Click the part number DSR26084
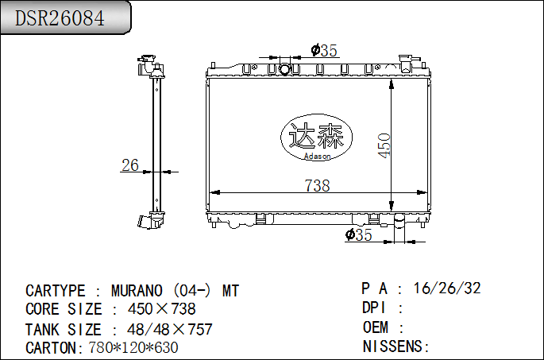60,17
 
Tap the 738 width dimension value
317,185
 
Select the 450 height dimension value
384,145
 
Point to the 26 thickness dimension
129,165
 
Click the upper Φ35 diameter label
324,51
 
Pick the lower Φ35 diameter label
359,234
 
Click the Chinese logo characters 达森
317,136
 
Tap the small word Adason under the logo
317,156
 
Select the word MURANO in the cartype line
137,291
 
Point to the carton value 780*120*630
133,347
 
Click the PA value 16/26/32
447,288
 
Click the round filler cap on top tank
285,68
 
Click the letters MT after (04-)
230,291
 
